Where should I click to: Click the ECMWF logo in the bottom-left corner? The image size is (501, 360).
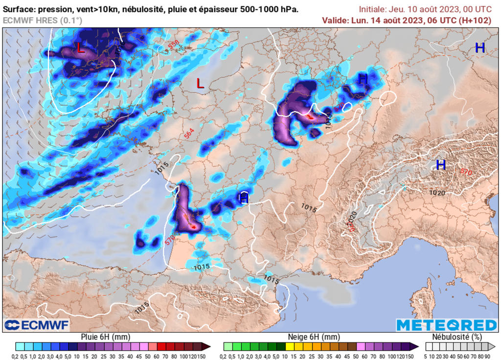pos(37,325)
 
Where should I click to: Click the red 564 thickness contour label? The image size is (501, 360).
pos(189,133)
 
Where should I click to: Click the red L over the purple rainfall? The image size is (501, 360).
pos(81,48)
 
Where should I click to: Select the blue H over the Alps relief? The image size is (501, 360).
pos(441,165)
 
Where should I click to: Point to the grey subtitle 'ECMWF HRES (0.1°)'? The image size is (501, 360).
pos(43,20)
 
